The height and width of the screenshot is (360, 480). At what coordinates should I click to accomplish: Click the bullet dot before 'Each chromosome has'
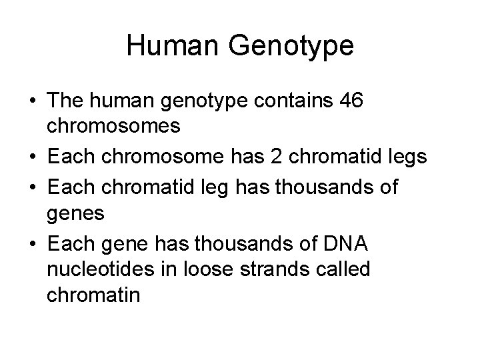coord(31,158)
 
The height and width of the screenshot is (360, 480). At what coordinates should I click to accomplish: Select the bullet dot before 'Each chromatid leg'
coord(31,187)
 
